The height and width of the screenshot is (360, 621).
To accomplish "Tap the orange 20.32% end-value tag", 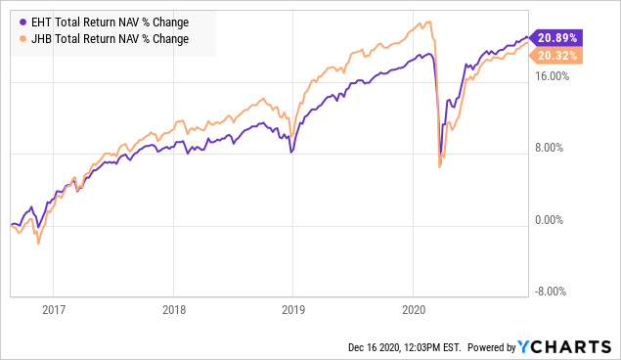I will click(556, 56).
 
